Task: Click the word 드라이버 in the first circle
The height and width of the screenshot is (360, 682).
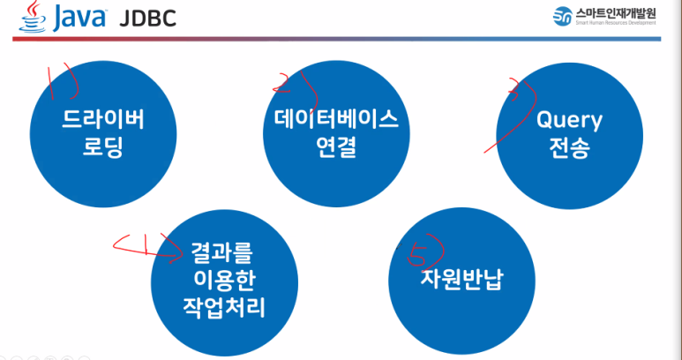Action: pyautogui.click(x=102, y=119)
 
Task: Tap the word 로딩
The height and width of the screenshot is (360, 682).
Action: pyautogui.click(x=102, y=147)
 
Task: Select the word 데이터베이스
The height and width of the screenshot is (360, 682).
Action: pyautogui.click(x=331, y=119)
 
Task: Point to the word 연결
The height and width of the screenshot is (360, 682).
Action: pyautogui.click(x=331, y=147)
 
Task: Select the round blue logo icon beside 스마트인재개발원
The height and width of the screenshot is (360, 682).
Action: pyautogui.click(x=562, y=17)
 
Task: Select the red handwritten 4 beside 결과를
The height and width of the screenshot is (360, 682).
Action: pyautogui.click(x=146, y=249)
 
